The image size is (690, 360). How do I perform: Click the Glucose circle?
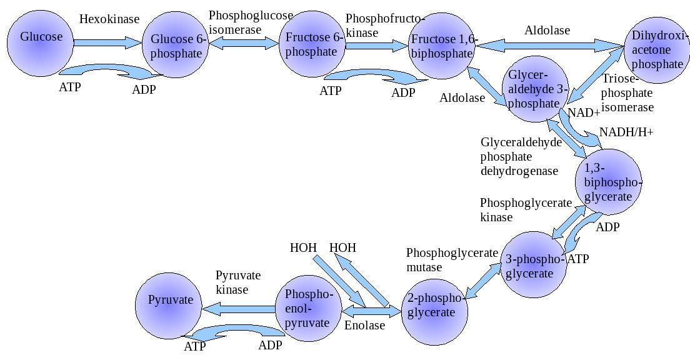click(41, 44)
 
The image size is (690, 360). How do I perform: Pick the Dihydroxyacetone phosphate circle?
click(657, 50)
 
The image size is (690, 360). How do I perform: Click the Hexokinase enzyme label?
click(109, 19)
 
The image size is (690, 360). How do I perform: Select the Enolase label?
click(364, 325)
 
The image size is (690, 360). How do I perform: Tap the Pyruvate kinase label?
click(237, 282)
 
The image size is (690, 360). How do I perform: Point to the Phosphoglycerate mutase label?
click(452, 260)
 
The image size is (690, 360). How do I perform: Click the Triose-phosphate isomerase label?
click(627, 93)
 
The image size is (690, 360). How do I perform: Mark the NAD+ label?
click(584, 113)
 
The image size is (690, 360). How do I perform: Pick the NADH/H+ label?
click(626, 132)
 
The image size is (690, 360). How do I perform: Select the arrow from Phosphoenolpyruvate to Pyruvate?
click(241, 307)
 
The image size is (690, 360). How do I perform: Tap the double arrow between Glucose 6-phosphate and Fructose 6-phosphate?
click(244, 42)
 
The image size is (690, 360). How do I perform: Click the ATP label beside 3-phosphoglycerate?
click(577, 259)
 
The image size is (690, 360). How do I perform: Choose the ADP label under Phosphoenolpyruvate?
click(271, 345)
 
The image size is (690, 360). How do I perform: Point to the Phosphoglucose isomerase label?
click(251, 22)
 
